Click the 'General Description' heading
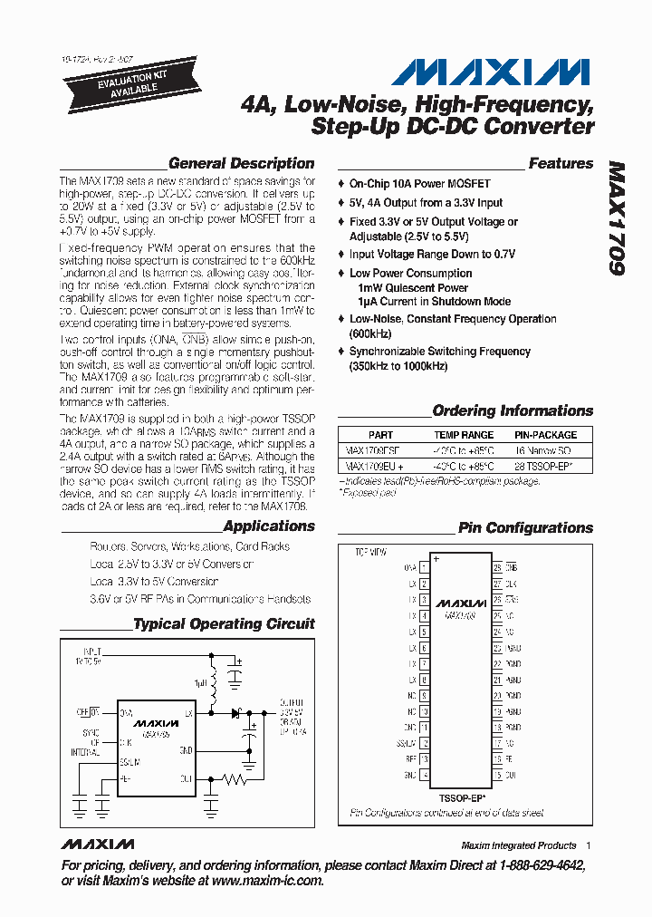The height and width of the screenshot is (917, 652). [x=241, y=164]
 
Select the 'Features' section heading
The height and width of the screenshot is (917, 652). [x=561, y=164]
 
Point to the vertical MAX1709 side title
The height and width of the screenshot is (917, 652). [x=617, y=218]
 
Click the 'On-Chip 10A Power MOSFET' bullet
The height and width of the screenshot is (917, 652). [x=419, y=184]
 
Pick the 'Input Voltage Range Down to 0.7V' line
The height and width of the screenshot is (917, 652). [x=432, y=255]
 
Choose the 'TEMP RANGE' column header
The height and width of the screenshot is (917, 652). [x=465, y=435]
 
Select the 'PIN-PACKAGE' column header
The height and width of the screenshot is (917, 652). [x=545, y=435]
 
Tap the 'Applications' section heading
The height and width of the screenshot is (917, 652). [x=268, y=526]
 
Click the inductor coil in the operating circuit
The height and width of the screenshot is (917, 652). [x=216, y=684]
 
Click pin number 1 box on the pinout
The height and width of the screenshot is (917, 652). [x=424, y=567]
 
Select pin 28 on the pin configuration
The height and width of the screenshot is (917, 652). [x=497, y=567]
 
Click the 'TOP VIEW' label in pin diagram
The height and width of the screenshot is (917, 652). [x=370, y=552]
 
